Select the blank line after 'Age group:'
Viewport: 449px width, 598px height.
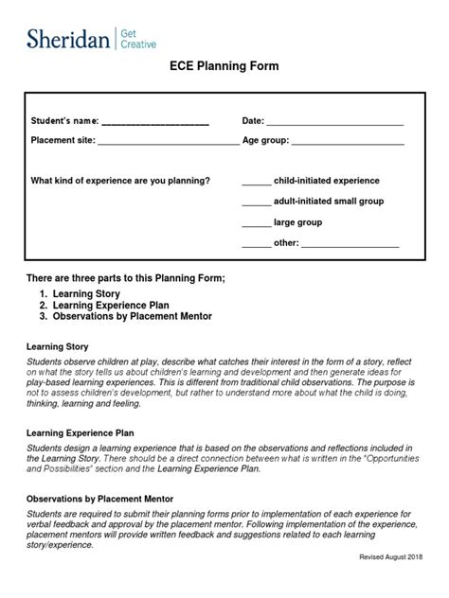coord(348,143)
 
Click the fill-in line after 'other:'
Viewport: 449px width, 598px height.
coord(350,245)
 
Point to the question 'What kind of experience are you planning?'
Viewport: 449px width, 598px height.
coord(121,180)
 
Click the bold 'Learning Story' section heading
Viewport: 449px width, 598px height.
coord(57,347)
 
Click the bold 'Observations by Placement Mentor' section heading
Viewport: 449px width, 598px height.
coord(99,498)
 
